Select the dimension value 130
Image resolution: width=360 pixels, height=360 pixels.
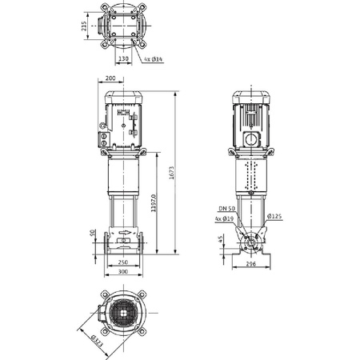(123, 58)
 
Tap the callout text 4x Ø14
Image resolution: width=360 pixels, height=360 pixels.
(156, 60)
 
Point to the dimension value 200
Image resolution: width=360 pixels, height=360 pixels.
(110, 79)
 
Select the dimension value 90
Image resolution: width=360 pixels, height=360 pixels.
(93, 234)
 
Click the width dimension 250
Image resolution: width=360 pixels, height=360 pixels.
(122, 262)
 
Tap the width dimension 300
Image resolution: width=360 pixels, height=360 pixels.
(122, 273)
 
